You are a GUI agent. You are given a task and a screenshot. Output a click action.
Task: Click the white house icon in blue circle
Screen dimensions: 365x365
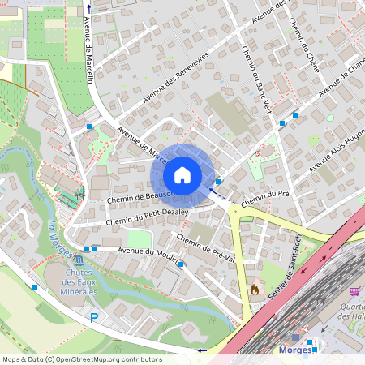click(182, 174)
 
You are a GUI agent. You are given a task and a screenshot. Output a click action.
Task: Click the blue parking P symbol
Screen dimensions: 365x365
click(93, 318)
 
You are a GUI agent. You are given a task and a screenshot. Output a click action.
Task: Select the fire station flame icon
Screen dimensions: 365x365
click(254, 288)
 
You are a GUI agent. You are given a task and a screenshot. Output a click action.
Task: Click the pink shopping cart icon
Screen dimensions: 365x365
click(354, 290)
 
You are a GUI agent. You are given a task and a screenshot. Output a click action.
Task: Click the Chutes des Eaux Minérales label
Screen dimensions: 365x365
click(79, 281)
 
